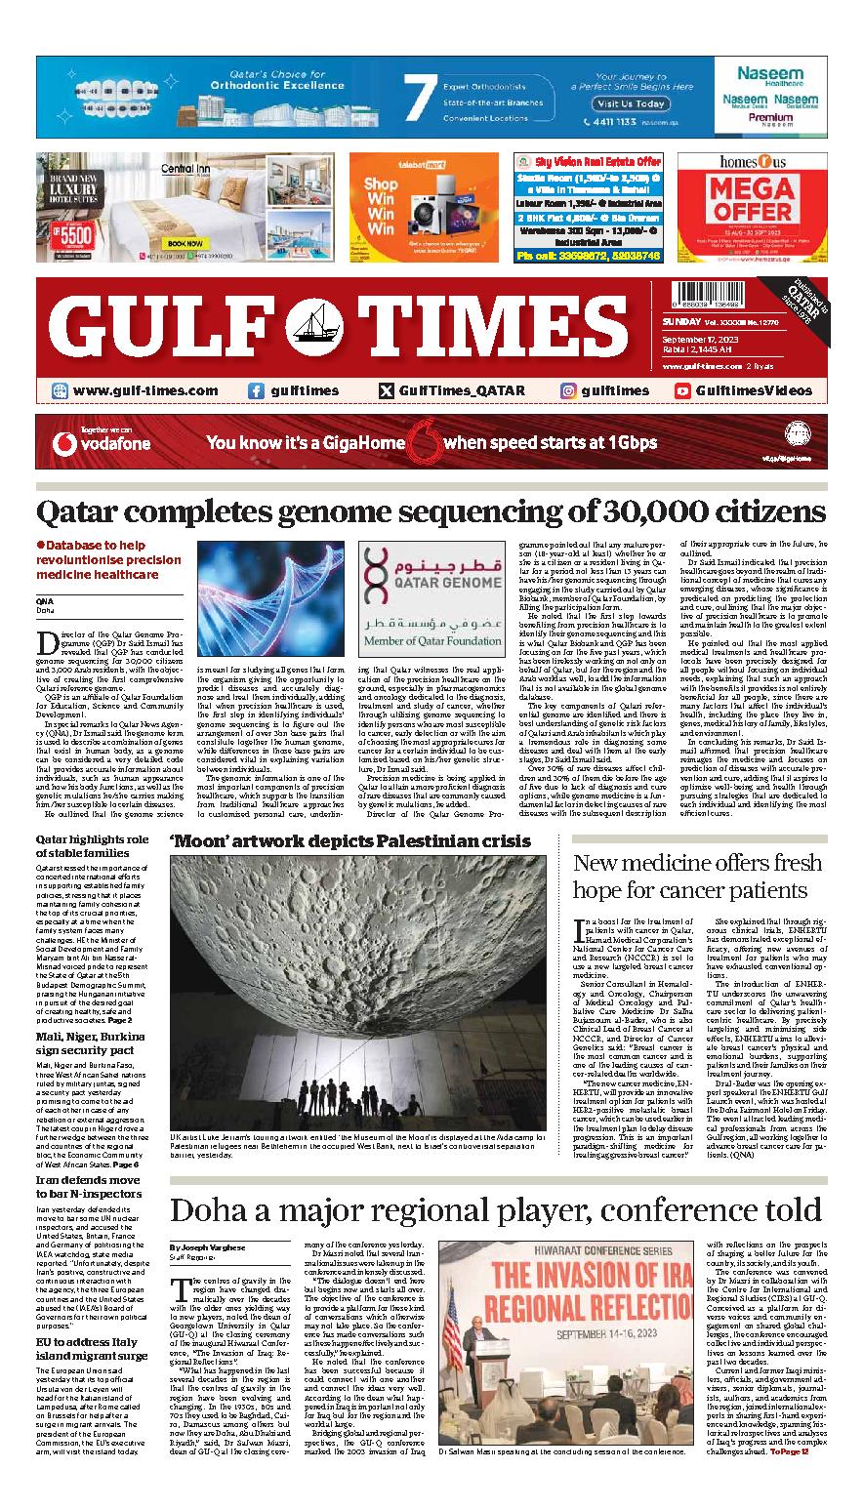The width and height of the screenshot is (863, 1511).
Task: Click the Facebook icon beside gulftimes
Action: click(x=256, y=390)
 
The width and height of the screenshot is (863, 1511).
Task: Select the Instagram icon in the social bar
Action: click(x=567, y=390)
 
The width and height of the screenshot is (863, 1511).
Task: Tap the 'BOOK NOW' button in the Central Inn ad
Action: click(x=185, y=243)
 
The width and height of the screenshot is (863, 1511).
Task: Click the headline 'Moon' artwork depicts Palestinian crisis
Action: click(x=349, y=840)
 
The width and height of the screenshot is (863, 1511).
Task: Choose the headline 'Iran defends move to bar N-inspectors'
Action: click(x=90, y=1186)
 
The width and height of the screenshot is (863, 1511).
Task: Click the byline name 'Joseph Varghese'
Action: click(x=213, y=1247)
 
